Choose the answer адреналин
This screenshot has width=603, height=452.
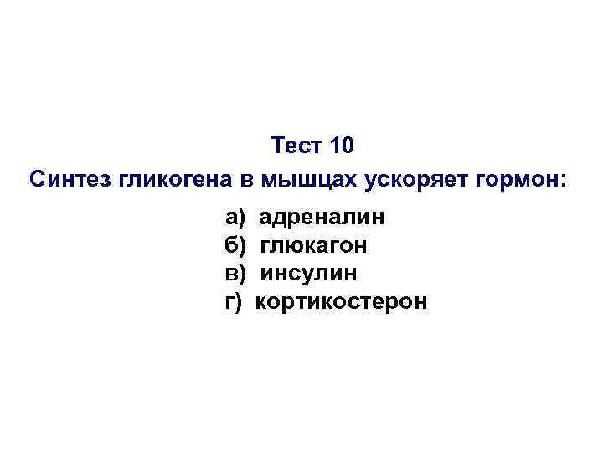tap(322, 218)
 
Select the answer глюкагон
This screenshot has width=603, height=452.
tap(314, 246)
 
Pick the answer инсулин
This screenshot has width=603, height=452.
tap(309, 274)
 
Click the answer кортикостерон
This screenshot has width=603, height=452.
tap(341, 301)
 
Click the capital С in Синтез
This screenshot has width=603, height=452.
tap(36, 179)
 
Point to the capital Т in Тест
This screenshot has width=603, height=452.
tap(279, 146)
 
